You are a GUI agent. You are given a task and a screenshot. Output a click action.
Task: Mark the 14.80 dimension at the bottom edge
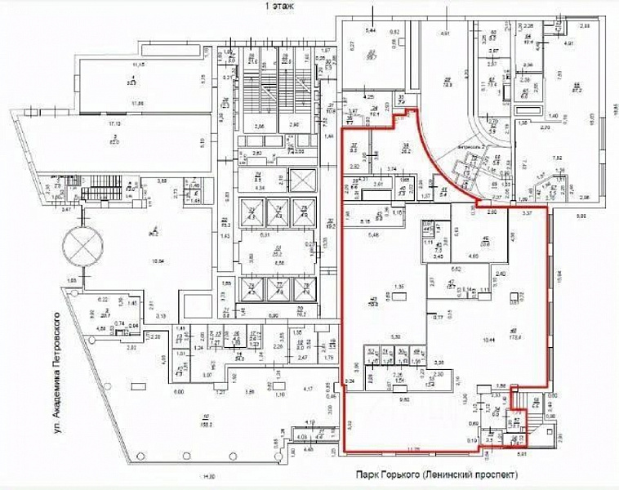pyautogui.click(x=209, y=476)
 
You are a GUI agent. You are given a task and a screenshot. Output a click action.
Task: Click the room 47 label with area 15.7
pyautogui.click(x=450, y=284)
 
